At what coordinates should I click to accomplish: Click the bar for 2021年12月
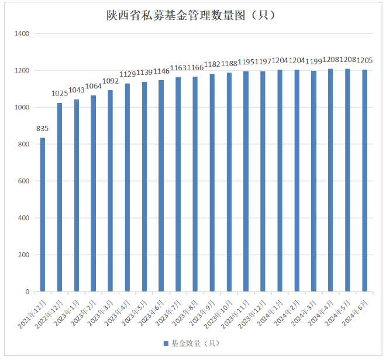pyautogui.click(x=43, y=215)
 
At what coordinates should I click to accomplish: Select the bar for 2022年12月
pyautogui.click(x=60, y=197)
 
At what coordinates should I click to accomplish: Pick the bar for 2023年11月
pyautogui.click(x=246, y=181)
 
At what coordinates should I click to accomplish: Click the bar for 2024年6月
pyautogui.click(x=364, y=181)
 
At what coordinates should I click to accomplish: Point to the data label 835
pyautogui.click(x=43, y=129)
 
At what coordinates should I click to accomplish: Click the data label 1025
pyautogui.click(x=60, y=94)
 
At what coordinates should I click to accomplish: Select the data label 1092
pyautogui.click(x=110, y=81)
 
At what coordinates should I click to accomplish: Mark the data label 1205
pyautogui.click(x=364, y=60)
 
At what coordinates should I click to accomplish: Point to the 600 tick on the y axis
pyautogui.click(x=23, y=181)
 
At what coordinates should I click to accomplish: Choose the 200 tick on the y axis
pyautogui.click(x=23, y=255)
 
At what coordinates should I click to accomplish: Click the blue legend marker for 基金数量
pyautogui.click(x=166, y=342)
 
